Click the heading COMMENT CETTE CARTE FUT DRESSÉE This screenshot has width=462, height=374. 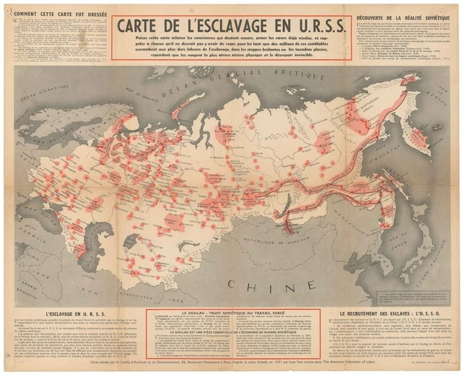coord(56,13)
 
